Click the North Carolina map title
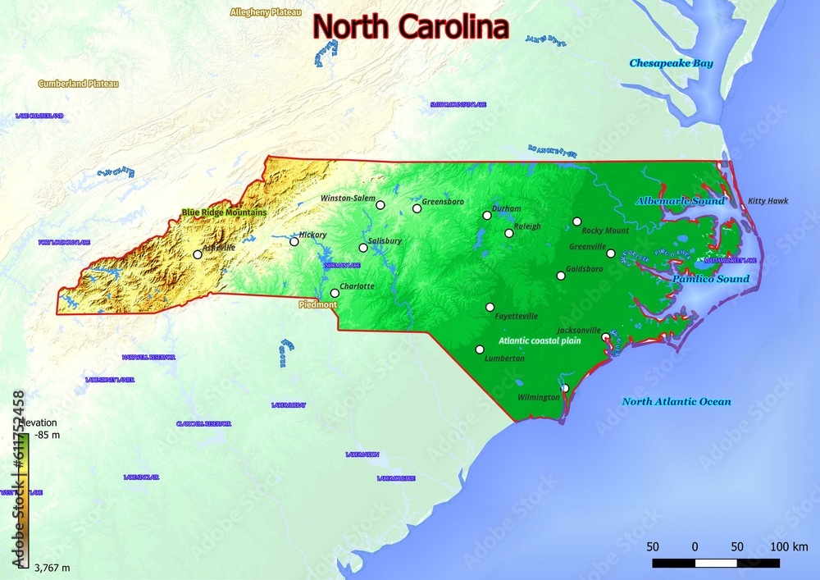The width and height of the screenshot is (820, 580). (x=411, y=26)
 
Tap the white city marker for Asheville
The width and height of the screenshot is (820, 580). (x=198, y=254)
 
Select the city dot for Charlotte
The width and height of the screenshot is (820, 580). (x=335, y=293)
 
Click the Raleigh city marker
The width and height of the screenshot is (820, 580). (x=509, y=233)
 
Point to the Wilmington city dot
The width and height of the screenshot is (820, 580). (x=564, y=388)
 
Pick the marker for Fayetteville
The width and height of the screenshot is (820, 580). (x=490, y=308)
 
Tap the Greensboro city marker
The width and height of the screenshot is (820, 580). (x=417, y=208)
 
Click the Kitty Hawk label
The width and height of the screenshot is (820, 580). (x=768, y=200)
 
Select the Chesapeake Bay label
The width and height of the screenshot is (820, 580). (x=671, y=63)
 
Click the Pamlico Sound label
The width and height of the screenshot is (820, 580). (x=710, y=279)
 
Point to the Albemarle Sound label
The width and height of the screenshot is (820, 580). (x=680, y=201)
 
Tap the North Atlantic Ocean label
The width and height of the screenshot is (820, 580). (x=676, y=401)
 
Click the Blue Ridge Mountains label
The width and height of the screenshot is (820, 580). (x=224, y=212)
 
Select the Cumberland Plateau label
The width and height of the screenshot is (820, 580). (x=78, y=84)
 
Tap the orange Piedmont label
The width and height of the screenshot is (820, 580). (x=318, y=304)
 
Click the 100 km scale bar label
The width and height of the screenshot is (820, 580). (x=789, y=546)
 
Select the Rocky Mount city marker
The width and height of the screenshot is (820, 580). (x=577, y=221)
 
